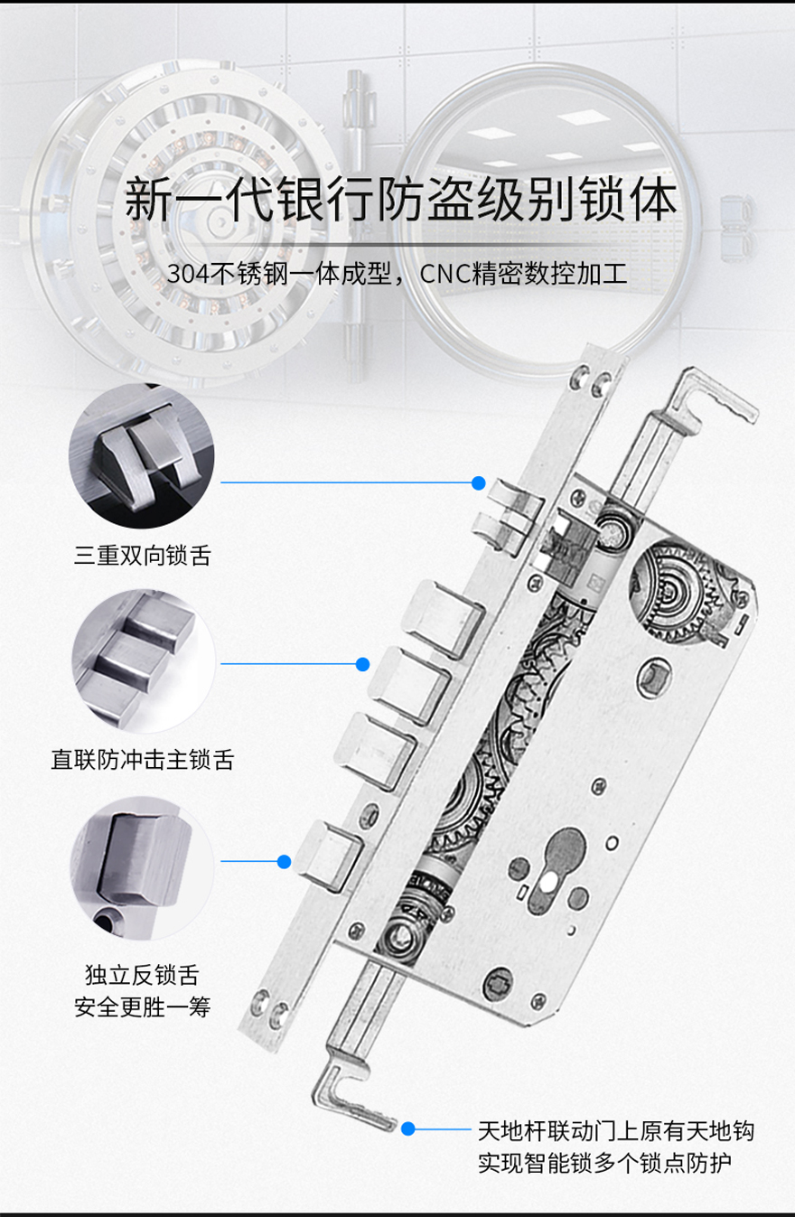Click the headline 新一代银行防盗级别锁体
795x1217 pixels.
(401, 200)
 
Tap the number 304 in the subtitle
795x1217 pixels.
(188, 273)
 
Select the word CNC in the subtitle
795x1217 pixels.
(445, 273)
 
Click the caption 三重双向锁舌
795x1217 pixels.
(143, 556)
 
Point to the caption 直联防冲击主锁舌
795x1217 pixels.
(143, 759)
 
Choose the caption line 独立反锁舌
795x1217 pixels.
(143, 975)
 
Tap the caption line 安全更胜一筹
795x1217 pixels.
(143, 1006)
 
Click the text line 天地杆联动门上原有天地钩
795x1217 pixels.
(616, 1130)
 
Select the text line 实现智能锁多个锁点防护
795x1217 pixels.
(604, 1163)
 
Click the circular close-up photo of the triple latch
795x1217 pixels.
(142, 455)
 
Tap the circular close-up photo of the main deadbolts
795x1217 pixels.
(144, 660)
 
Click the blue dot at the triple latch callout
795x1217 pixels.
(478, 482)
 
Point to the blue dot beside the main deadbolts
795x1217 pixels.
(362, 664)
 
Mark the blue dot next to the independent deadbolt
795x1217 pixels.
(285, 861)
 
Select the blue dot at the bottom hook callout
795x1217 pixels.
(408, 1128)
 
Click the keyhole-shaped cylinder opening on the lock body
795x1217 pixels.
(559, 869)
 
